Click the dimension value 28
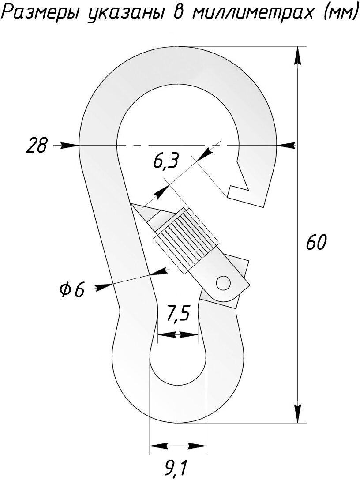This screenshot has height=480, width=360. pyautogui.click(x=36, y=146)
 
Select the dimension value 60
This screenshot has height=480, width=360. pyautogui.click(x=316, y=243)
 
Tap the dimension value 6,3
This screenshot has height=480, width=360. pyautogui.click(x=165, y=162)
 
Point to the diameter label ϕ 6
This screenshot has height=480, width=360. pyautogui.click(x=71, y=290)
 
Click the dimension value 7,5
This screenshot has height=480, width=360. pyautogui.click(x=178, y=315)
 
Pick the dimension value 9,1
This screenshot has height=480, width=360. pyautogui.click(x=176, y=468)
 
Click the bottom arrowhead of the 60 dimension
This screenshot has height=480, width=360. pyautogui.click(x=299, y=412)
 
